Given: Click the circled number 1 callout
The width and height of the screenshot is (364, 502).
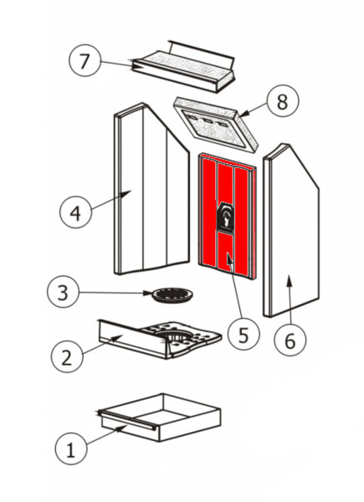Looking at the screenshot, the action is coord(70,448).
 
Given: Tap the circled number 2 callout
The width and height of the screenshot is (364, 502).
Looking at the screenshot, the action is coord(67,357).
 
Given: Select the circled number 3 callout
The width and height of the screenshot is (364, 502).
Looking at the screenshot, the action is coord(63,292).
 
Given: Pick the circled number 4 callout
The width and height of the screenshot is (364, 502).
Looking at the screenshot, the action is coord(76,213).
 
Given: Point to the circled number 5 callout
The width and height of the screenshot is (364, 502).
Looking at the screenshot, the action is coord(244,335).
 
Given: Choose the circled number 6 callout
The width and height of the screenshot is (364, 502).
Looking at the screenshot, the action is coord(290,340).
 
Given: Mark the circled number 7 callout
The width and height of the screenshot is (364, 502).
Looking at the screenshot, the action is coord(85,61).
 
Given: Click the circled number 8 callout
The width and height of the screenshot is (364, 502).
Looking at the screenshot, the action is coord(283,100).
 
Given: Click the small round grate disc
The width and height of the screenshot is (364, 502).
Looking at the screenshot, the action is coord(172,295).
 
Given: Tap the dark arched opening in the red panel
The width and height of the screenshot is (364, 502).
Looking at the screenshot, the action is coord(226,217).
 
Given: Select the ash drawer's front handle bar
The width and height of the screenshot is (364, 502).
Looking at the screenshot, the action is coord(127,420).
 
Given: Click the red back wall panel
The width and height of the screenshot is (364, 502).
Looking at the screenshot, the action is coord(227,216).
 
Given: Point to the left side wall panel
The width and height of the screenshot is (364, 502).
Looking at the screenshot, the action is coord(151,189).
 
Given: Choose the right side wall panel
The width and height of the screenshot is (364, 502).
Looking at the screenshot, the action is coord(290,231).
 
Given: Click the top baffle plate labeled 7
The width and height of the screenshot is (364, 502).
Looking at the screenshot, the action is coord(184,67).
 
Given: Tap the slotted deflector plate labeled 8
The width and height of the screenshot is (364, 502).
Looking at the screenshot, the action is coord(215,124).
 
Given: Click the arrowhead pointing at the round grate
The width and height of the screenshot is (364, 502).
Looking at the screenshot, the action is coord(147,293).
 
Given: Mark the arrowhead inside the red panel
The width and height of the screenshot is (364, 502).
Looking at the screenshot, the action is coord(229,258).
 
